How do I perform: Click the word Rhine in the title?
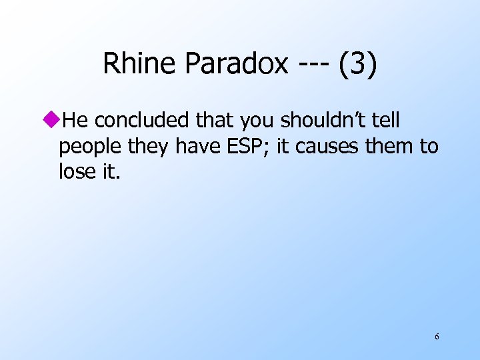pos(139,64)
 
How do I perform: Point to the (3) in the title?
pos(357,64)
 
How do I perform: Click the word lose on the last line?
pos(77,172)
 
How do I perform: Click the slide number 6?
pos(437,337)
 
